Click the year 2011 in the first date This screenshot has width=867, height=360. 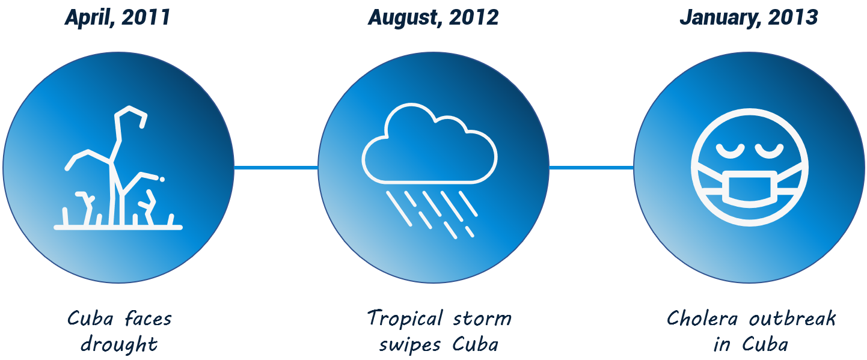tap(146, 17)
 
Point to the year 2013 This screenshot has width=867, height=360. tap(793, 17)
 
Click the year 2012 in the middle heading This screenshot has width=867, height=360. tap(474, 17)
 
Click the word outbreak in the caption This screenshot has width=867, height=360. tap(792, 319)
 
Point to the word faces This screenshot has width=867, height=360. tap(149, 319)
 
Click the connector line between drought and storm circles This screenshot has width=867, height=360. tap(276, 168)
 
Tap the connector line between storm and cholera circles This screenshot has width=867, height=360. tap(592, 168)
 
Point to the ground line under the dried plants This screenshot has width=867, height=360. tap(118, 228)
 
